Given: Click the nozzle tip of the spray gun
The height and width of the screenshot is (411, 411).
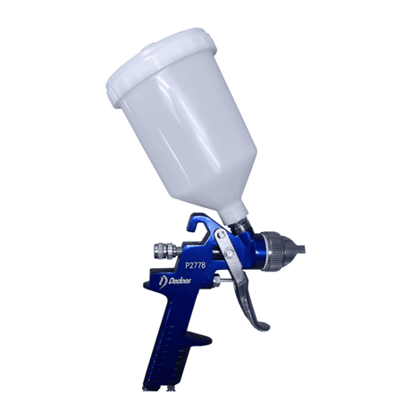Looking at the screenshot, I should pos(304,247).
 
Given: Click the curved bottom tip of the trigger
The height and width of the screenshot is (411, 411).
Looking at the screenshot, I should pos(259,323).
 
